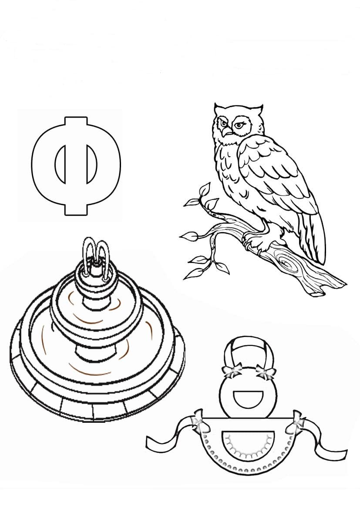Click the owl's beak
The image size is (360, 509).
pos(227,131)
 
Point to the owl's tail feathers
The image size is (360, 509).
pos(313,236)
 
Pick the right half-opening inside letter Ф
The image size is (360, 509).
pos(92,163)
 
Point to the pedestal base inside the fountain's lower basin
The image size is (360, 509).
pos(95,353)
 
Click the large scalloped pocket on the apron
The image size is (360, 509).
pos(247,444)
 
